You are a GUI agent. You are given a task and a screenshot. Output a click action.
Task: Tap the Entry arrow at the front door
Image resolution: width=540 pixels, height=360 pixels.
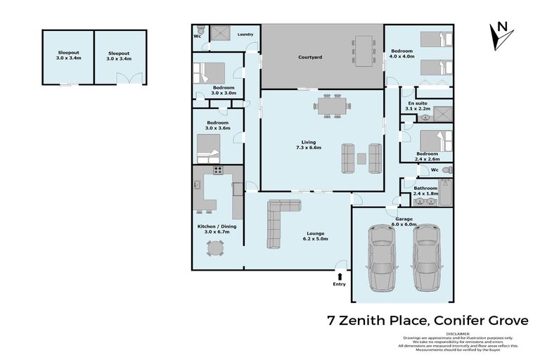(x=341, y=276)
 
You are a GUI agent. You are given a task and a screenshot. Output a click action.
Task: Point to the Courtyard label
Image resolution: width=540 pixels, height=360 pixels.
(x=310, y=57)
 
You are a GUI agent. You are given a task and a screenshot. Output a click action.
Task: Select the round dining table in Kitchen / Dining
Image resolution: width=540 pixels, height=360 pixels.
(x=214, y=247)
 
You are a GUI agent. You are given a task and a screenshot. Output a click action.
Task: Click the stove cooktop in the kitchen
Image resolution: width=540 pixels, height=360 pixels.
(x=218, y=169)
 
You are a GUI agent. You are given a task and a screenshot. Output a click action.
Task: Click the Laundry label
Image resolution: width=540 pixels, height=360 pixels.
(x=245, y=34)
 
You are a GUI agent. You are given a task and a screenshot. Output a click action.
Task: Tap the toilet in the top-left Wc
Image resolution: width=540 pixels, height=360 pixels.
(x=200, y=32)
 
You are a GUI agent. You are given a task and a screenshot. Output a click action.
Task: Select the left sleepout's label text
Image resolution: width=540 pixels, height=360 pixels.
(x=68, y=55)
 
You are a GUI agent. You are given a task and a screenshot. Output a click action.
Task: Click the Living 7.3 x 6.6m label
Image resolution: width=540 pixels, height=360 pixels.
(x=309, y=145)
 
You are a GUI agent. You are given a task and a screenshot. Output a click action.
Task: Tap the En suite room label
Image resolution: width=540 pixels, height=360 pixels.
(x=418, y=105)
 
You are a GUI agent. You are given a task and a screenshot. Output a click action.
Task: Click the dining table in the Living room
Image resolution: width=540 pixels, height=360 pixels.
(x=330, y=106)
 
